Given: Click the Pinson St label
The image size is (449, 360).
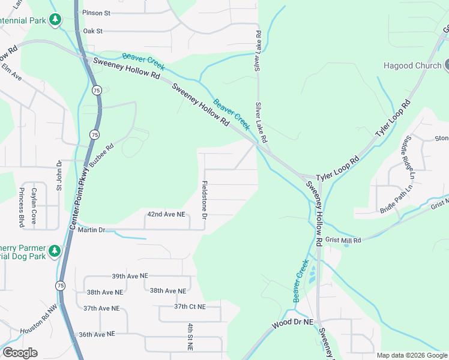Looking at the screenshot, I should click(97, 13).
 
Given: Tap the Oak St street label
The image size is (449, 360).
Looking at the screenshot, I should click(93, 31).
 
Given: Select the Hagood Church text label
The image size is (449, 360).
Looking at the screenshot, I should click(412, 65).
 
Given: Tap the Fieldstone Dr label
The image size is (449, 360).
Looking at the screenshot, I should click(205, 199).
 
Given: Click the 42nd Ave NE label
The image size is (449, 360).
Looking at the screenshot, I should click(166, 214).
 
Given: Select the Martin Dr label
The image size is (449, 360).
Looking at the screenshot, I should click(91, 229).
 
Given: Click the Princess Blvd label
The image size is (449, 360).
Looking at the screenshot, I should click(22, 208).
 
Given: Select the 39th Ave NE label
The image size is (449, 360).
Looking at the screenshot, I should click(129, 276).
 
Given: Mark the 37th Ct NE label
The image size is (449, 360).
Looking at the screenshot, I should click(190, 306).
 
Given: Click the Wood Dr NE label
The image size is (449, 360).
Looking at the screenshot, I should click(292, 323).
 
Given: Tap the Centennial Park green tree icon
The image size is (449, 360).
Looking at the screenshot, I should click(55, 19).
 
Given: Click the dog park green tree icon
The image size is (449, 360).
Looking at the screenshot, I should click(55, 250).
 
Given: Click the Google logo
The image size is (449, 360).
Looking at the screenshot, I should click(20, 353).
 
